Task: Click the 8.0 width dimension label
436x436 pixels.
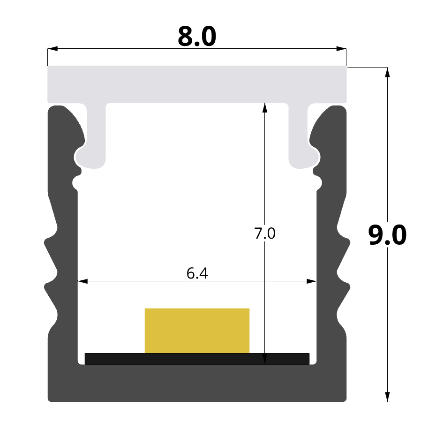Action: click(197, 37)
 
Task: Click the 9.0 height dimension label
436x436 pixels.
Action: click(387, 235)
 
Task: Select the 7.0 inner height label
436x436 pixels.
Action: click(265, 233)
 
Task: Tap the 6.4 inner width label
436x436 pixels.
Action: click(197, 273)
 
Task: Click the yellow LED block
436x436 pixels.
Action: click(197, 331)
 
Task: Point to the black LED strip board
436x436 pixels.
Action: click(197, 359)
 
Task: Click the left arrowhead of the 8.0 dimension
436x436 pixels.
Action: click(53, 49)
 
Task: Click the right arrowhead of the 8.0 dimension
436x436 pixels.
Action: click(341, 49)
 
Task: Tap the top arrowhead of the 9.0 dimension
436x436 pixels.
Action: click(387, 72)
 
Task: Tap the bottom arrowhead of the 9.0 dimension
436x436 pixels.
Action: click(387, 397)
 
